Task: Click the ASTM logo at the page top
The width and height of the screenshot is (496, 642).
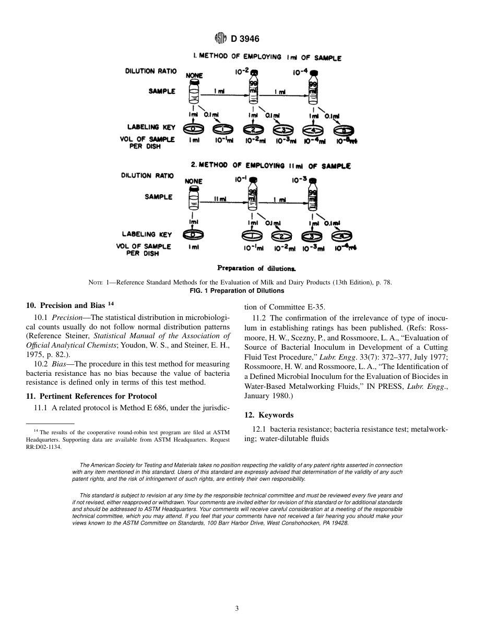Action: point(220,38)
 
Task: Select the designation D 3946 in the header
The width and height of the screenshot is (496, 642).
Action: point(245,38)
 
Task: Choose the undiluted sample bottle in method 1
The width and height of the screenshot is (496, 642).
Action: point(194,92)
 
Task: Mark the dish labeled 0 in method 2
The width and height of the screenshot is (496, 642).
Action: point(193,234)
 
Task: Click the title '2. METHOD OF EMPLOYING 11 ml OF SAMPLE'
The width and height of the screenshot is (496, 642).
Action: point(270,165)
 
